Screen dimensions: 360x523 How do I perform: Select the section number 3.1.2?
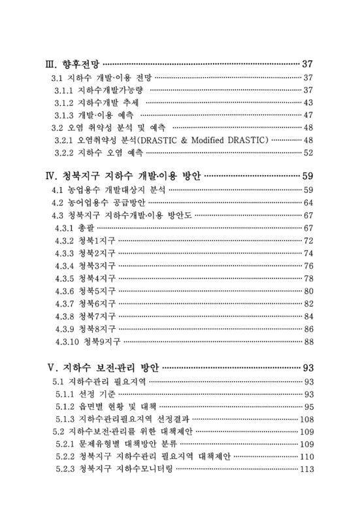tap(65, 102)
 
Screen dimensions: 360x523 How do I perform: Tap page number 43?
tap(309, 102)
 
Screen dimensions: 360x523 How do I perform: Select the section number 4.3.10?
tap(68, 341)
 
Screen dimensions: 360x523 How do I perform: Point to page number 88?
tap(309, 341)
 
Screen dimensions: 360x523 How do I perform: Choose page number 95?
tap(309, 406)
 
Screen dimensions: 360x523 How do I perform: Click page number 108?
tap(306, 419)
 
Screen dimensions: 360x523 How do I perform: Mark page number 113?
tap(306, 469)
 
